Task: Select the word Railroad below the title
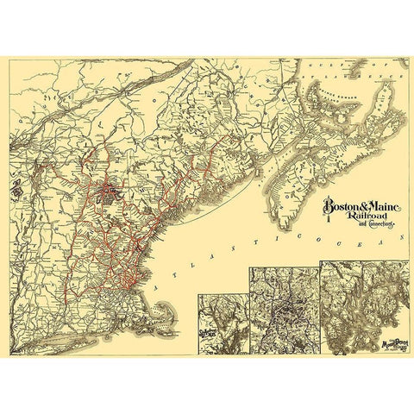[x=367, y=219]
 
